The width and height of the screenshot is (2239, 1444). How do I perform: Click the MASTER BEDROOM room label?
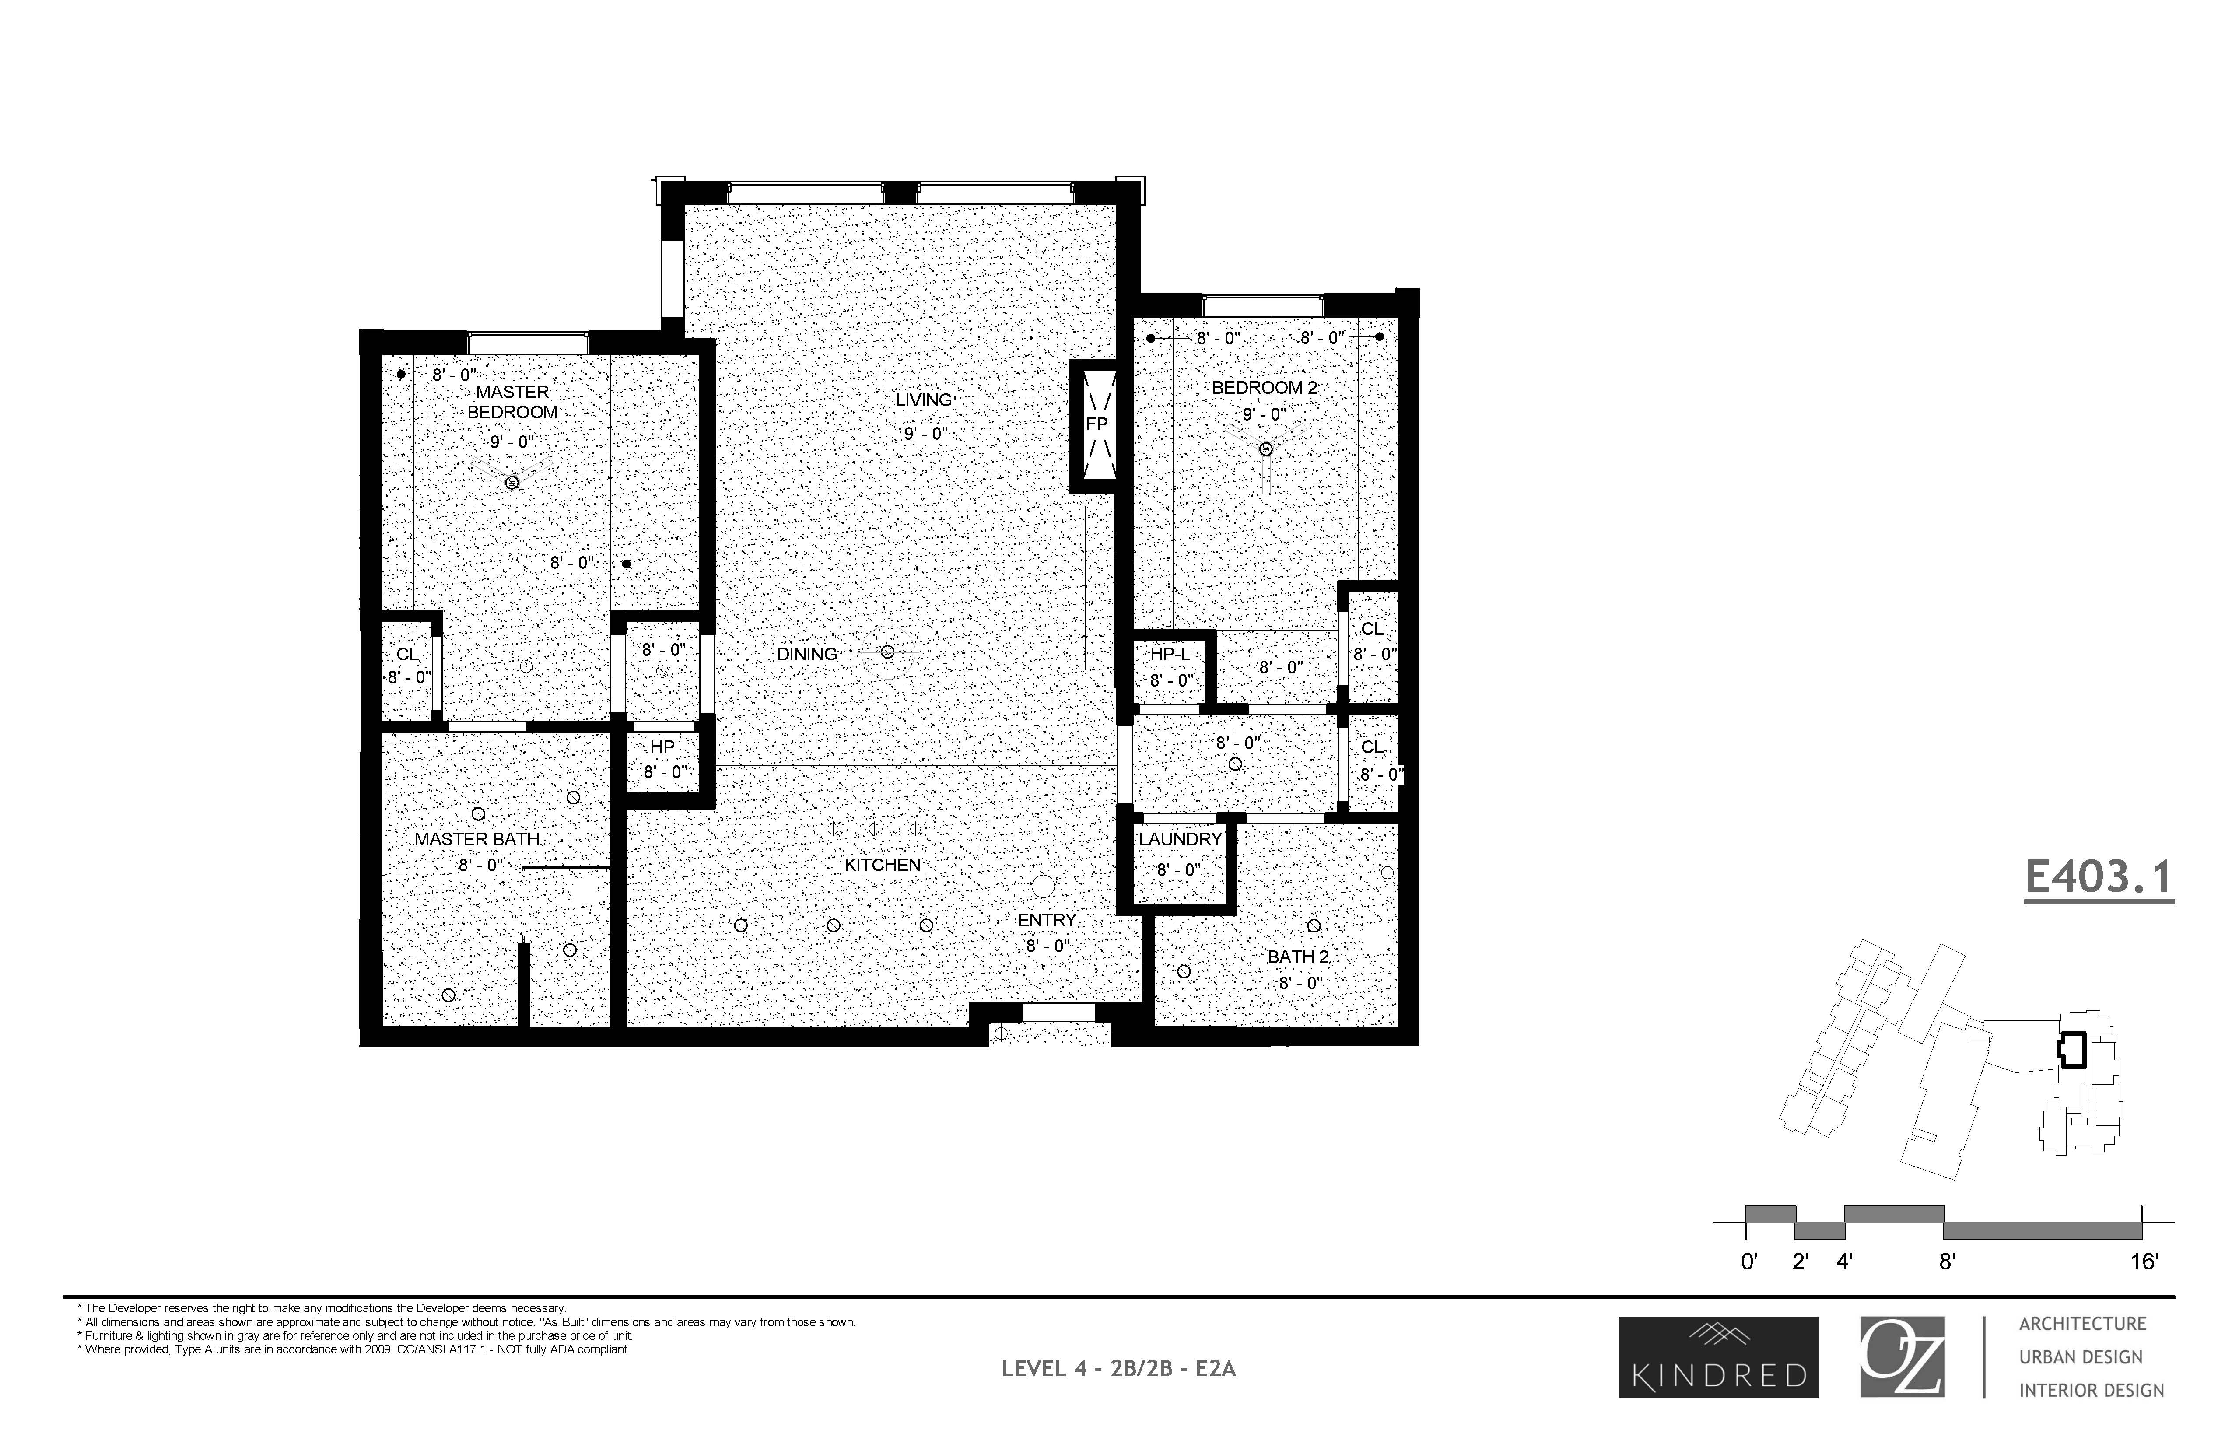click(x=512, y=402)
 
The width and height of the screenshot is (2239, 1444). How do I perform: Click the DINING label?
click(x=806, y=655)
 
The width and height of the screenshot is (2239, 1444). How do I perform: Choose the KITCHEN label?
click(x=882, y=865)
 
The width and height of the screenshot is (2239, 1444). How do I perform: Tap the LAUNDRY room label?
click(x=1180, y=839)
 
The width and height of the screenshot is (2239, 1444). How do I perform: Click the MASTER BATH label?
click(x=477, y=839)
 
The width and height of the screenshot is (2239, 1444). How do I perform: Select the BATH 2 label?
click(x=1298, y=957)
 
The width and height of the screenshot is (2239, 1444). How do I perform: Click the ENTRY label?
click(x=1046, y=921)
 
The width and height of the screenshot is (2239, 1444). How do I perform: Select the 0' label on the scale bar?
click(x=1748, y=1262)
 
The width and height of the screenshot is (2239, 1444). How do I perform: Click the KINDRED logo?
click(x=1719, y=1357)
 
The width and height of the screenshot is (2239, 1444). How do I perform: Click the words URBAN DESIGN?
click(x=2081, y=1357)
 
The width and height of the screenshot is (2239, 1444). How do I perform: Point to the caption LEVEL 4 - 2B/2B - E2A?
click(x=1118, y=1369)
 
